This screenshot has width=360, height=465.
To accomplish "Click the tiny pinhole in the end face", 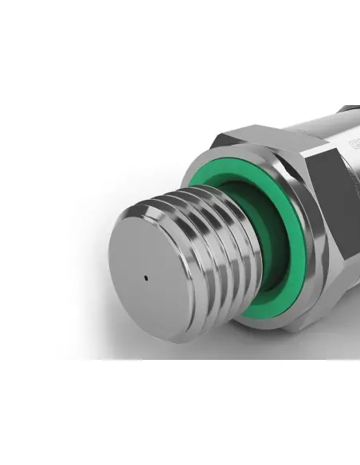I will (x=146, y=279).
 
